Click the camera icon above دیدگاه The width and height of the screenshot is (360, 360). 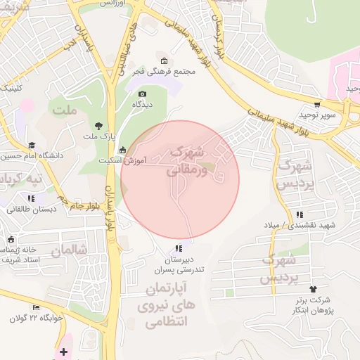[143, 94]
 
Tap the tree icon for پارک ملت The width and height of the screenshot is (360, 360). [96, 125]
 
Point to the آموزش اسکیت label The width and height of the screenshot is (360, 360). [145, 161]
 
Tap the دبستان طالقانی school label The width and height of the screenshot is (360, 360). [32, 209]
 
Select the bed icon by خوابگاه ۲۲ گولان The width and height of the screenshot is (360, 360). [37, 308]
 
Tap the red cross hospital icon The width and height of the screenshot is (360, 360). [64, 352]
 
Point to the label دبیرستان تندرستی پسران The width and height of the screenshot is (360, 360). [179, 264]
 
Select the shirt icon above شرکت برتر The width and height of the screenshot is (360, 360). [313, 289]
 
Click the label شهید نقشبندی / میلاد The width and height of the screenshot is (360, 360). [309, 225]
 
